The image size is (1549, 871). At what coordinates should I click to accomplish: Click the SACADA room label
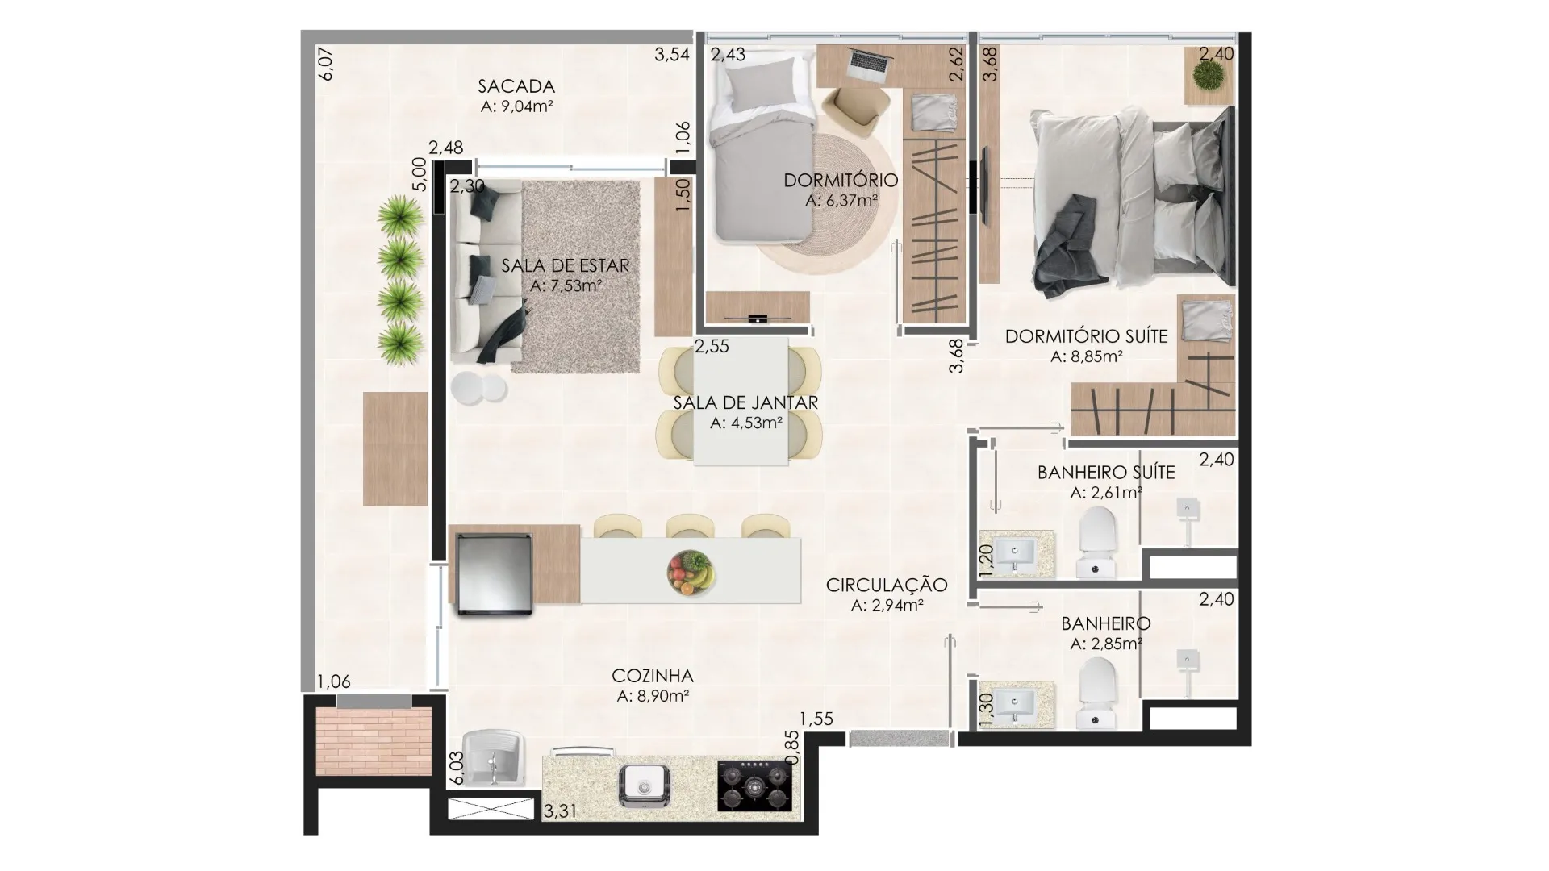[x=516, y=86]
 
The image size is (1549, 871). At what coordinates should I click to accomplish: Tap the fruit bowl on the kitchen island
[x=691, y=573]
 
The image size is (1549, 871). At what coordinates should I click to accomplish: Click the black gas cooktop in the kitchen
[x=754, y=786]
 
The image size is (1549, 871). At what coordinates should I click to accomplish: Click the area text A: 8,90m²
[x=653, y=697]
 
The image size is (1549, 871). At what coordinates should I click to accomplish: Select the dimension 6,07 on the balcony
[x=326, y=64]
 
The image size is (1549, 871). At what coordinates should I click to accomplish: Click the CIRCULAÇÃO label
[x=887, y=585]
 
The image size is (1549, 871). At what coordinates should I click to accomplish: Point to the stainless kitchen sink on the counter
[x=643, y=786]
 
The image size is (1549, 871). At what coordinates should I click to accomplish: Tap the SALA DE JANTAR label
[x=745, y=402]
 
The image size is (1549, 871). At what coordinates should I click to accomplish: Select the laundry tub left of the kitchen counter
[x=493, y=757]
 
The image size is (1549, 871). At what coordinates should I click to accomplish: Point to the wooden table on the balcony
[x=395, y=449]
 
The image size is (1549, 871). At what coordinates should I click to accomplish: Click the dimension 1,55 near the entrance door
[x=816, y=719]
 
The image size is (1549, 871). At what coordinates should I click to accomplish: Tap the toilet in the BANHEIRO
[x=1098, y=693]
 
